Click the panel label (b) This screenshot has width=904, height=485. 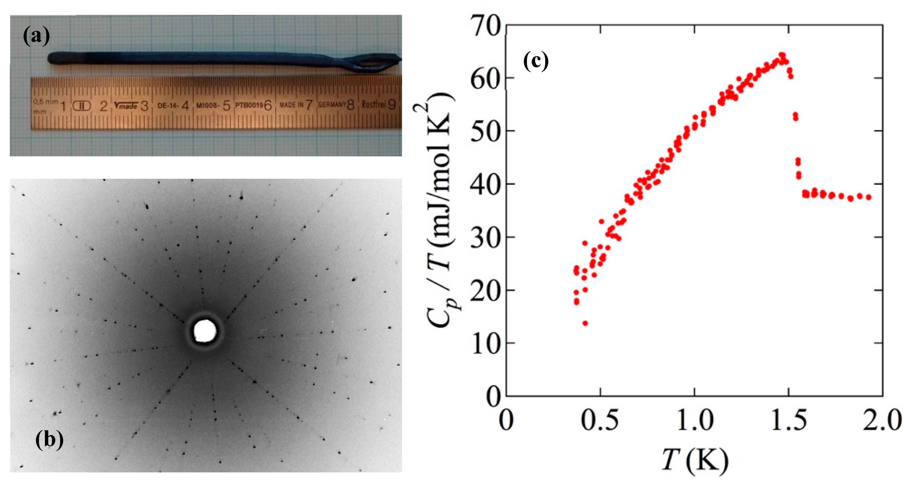coord(49,439)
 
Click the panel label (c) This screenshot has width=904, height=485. coord(536,61)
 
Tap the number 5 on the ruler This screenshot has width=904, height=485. coord(226,105)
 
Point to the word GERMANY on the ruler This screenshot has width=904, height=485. coord(332,105)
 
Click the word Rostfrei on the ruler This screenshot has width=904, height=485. coord(373,104)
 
